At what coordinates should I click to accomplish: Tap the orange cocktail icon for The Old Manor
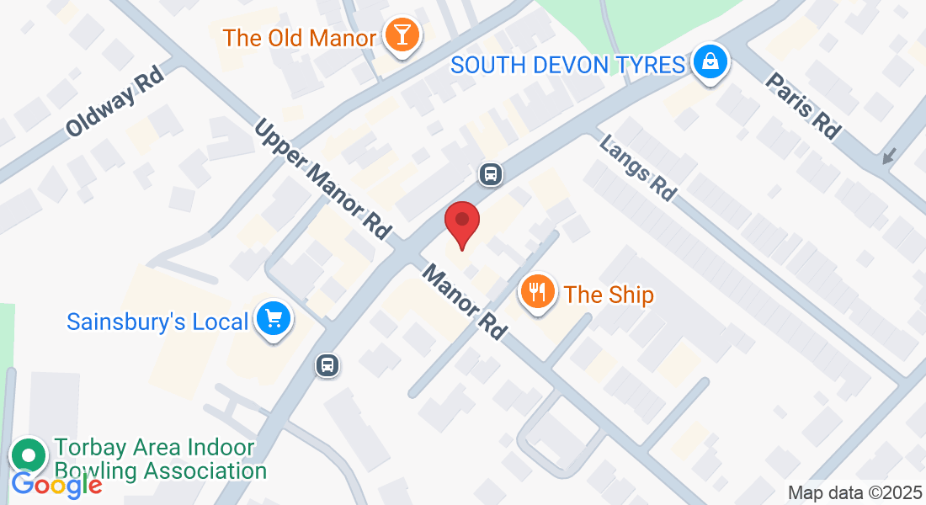click(401, 36)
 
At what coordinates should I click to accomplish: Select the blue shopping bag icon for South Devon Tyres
click(710, 61)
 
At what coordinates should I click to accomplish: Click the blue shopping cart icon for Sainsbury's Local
click(274, 320)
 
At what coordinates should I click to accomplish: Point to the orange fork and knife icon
click(538, 292)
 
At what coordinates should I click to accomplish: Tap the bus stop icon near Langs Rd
click(491, 174)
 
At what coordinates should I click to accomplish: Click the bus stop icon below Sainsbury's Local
click(327, 364)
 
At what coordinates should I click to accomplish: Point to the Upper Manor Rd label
click(324, 179)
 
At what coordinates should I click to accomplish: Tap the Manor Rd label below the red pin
click(465, 302)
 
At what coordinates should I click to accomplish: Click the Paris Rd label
click(802, 105)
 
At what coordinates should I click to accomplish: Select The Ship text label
click(609, 295)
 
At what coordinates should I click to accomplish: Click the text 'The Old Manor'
click(299, 38)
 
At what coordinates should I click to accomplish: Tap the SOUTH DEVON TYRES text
click(568, 64)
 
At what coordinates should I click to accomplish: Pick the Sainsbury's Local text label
click(157, 322)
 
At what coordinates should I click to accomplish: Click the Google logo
click(56, 485)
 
